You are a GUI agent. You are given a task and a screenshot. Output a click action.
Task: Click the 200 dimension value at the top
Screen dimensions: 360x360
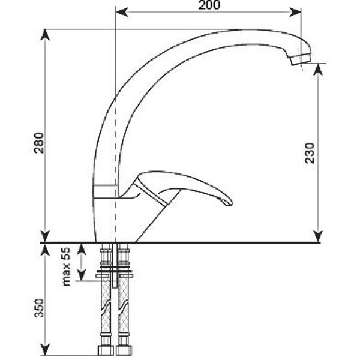(x=208, y=5)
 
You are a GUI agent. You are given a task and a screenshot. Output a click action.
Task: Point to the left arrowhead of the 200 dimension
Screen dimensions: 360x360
(x=118, y=12)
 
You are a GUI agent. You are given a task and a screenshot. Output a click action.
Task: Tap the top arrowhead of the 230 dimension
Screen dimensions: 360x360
(x=318, y=68)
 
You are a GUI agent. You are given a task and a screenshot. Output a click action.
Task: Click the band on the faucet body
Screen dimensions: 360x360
(x=106, y=190)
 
